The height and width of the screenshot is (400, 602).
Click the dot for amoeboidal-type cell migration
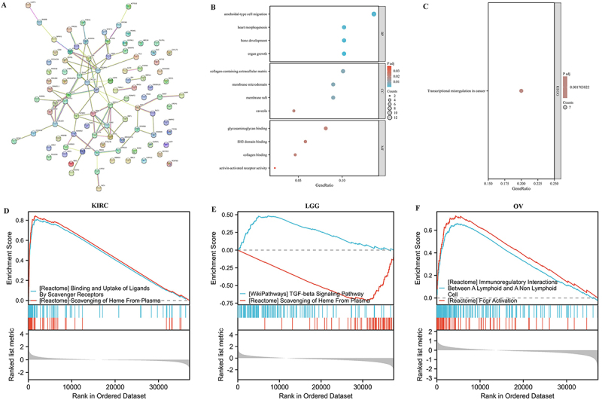pyautogui.click(x=374, y=14)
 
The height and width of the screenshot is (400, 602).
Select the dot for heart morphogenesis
pyautogui.click(x=344, y=27)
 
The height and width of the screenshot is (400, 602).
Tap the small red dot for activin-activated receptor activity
pyautogui.click(x=275, y=167)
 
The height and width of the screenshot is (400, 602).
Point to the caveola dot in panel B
pyautogui.click(x=293, y=111)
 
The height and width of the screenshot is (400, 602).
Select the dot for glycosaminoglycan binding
pyautogui.click(x=326, y=129)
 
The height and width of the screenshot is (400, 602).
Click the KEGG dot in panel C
pyautogui.click(x=521, y=91)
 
